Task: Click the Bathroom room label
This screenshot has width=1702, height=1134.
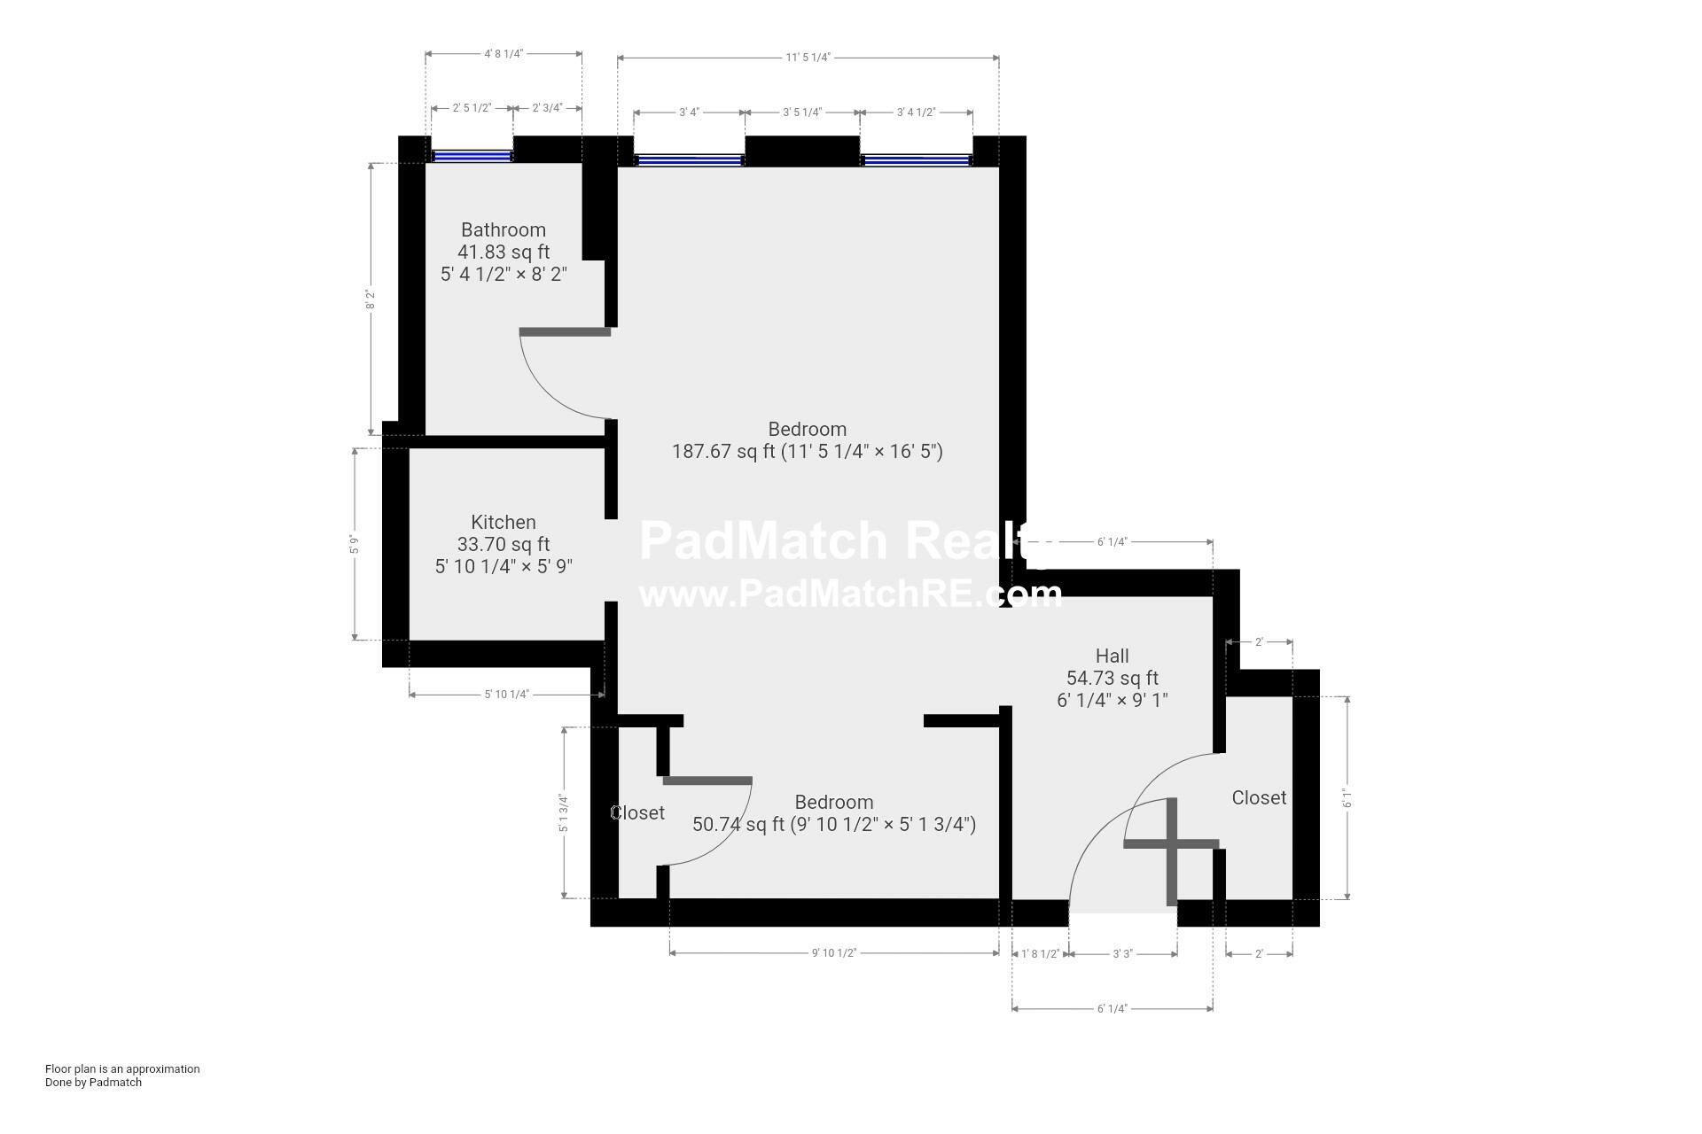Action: pos(504,230)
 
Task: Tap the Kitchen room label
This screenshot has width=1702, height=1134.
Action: pos(504,523)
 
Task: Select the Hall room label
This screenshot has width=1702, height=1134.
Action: pos(1113,656)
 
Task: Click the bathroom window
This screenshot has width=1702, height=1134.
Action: pos(472,156)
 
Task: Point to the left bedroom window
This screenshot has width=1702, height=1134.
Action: pos(690,160)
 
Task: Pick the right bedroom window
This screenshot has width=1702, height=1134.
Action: pos(917,160)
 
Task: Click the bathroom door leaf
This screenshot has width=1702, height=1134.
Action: pos(565,332)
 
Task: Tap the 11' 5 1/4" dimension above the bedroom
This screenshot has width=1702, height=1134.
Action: pos(808,58)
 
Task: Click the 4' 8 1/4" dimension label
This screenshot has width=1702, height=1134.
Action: pos(504,53)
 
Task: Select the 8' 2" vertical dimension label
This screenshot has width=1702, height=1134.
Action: pos(371,299)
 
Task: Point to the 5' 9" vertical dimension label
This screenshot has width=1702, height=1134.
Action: pos(355,545)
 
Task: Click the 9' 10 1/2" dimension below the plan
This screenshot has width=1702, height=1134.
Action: pos(834,953)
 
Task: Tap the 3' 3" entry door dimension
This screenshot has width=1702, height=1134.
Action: pos(1122,954)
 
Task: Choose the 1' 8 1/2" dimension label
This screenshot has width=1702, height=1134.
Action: pos(1041,954)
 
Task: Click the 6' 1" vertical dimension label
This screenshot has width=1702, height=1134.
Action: pos(1347,798)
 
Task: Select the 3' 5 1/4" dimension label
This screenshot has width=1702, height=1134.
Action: pos(802,113)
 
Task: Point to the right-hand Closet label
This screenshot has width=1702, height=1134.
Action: pos(1259,797)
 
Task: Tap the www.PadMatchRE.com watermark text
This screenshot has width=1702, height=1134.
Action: pos(850,594)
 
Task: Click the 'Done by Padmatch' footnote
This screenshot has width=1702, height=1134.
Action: pos(93,1082)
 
